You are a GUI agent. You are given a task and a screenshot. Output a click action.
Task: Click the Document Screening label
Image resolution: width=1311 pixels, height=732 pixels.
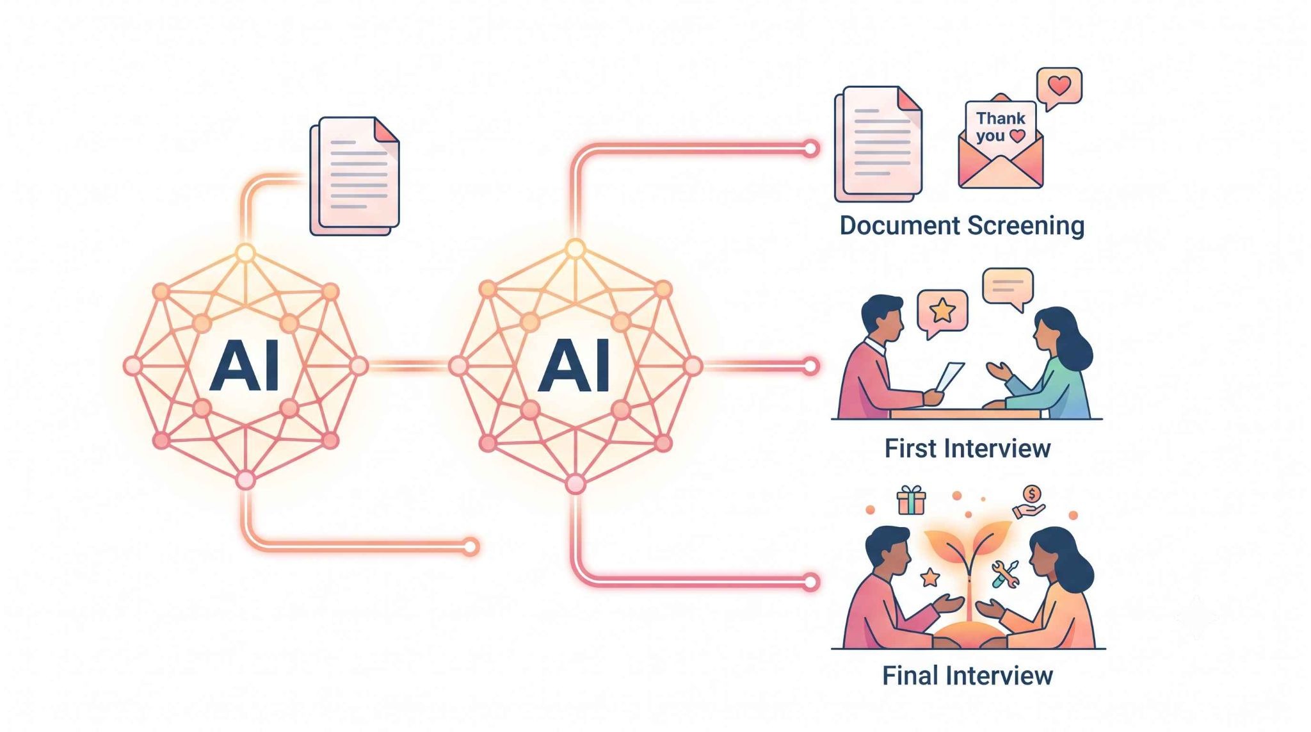pyautogui.click(x=961, y=226)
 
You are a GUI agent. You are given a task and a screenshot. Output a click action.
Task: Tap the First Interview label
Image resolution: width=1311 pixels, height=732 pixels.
pyautogui.click(x=967, y=448)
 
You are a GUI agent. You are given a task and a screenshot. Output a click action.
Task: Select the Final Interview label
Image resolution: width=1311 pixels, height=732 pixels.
pyautogui.click(x=967, y=676)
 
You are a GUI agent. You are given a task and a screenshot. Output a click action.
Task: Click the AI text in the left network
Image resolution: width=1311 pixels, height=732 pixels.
pyautogui.click(x=245, y=366)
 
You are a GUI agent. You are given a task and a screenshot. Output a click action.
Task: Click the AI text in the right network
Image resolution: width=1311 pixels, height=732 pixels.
pyautogui.click(x=574, y=366)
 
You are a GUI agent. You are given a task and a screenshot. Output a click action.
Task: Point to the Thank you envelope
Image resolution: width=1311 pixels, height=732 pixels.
pyautogui.click(x=1001, y=142)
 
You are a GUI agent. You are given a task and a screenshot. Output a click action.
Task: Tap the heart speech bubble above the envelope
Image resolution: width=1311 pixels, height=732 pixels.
pyautogui.click(x=1059, y=88)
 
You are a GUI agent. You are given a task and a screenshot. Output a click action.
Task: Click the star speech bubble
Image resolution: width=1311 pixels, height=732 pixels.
pyautogui.click(x=942, y=313)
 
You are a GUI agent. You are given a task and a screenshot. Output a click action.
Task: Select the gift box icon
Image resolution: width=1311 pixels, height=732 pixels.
pyautogui.click(x=911, y=500)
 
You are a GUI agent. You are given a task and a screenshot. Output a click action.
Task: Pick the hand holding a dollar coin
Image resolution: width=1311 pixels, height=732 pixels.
pyautogui.click(x=1029, y=502)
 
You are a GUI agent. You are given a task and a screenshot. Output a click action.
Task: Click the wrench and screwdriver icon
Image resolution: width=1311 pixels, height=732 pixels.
pyautogui.click(x=1004, y=574)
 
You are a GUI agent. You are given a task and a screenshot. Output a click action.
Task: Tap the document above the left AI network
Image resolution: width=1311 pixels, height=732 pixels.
pyautogui.click(x=355, y=175)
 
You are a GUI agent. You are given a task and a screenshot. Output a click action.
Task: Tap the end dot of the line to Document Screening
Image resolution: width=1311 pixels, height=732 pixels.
pyautogui.click(x=810, y=149)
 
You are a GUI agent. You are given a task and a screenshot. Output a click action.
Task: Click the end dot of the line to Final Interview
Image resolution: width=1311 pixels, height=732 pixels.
pyautogui.click(x=810, y=582)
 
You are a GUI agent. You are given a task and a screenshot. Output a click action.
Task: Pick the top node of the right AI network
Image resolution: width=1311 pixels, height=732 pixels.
pyautogui.click(x=575, y=249)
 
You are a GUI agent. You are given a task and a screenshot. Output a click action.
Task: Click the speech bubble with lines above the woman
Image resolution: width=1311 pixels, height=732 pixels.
pyautogui.click(x=1008, y=288)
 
